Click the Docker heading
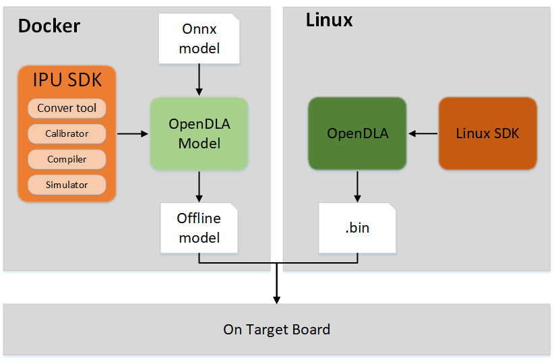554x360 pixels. tap(49, 26)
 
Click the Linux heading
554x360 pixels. tap(329, 20)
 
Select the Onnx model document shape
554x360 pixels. tap(199, 39)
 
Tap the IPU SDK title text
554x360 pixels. tap(67, 80)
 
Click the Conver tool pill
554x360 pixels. tap(67, 108)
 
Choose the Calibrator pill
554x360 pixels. tap(67, 133)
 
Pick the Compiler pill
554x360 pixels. tap(67, 159)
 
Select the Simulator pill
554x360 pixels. tap(67, 185)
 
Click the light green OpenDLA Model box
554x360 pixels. tap(199, 133)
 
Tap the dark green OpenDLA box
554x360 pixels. tap(357, 133)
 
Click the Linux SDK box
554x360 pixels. tap(487, 133)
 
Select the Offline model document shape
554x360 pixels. tap(199, 228)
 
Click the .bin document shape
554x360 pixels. tap(357, 228)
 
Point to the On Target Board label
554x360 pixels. tap(276, 330)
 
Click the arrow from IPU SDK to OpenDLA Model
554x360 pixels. tap(132, 133)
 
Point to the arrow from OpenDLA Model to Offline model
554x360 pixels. tap(199, 186)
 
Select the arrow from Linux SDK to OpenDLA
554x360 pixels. tap(423, 133)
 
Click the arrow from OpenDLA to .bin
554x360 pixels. tap(357, 186)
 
